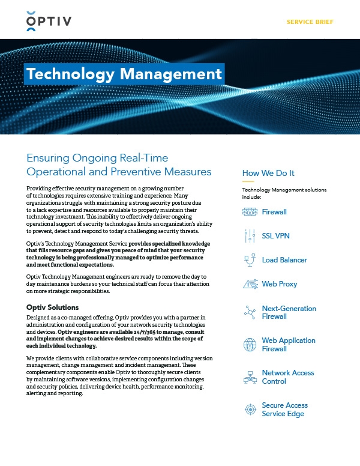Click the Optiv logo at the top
point(49,22)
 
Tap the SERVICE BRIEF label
point(310,22)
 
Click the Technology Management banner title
point(124,74)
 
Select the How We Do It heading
point(268,174)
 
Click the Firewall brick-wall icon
point(250,212)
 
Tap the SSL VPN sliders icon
point(250,236)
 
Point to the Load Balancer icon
point(250,260)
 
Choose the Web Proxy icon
point(250,284)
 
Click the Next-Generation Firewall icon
point(250,312)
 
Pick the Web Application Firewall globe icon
point(250,345)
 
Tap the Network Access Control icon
point(250,377)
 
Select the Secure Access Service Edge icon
point(250,410)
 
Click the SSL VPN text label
point(276,236)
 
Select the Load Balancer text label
point(284,260)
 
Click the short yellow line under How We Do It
point(248,181)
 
